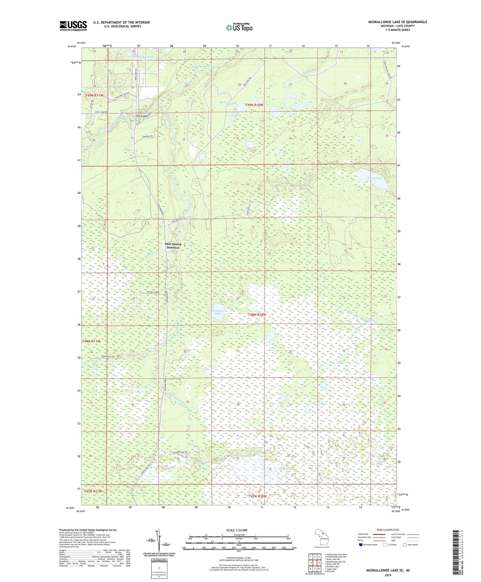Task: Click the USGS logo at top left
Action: [x=73, y=26]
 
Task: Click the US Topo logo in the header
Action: [x=239, y=28]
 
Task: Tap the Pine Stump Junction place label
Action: [x=173, y=246]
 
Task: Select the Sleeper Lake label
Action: [x=286, y=469]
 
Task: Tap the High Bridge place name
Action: [x=141, y=116]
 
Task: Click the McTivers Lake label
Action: [x=228, y=103]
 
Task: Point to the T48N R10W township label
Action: [x=257, y=315]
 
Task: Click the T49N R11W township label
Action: [x=94, y=96]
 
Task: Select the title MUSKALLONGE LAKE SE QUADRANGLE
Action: [x=397, y=22]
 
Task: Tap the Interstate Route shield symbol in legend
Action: [x=361, y=545]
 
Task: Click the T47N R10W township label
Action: [x=257, y=496]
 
